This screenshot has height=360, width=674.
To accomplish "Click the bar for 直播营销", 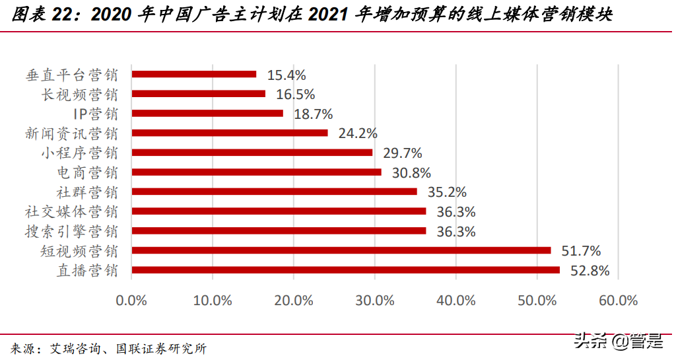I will pos(346,270).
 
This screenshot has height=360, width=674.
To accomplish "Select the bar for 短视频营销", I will pos(341,250).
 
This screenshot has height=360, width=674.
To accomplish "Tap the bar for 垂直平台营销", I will pos(194,74).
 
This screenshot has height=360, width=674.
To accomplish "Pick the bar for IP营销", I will pos(207,114).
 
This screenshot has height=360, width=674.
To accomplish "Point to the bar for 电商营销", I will pos(257,172).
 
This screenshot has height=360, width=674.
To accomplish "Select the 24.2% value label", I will pos(357,133).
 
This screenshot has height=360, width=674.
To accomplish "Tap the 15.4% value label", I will pos(286,75).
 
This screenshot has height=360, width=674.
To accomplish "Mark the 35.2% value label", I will pos(446,192).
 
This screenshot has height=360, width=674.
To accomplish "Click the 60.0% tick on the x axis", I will pos(618,300).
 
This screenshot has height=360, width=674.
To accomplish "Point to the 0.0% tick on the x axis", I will pos(131,300).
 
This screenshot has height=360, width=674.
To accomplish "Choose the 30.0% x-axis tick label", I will pos(374,300).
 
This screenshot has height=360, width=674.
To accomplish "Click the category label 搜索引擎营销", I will pos(72,231).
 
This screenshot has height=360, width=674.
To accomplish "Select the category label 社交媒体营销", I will pos(72,212).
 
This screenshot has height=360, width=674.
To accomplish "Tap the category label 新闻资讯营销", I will pos(72,133).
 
